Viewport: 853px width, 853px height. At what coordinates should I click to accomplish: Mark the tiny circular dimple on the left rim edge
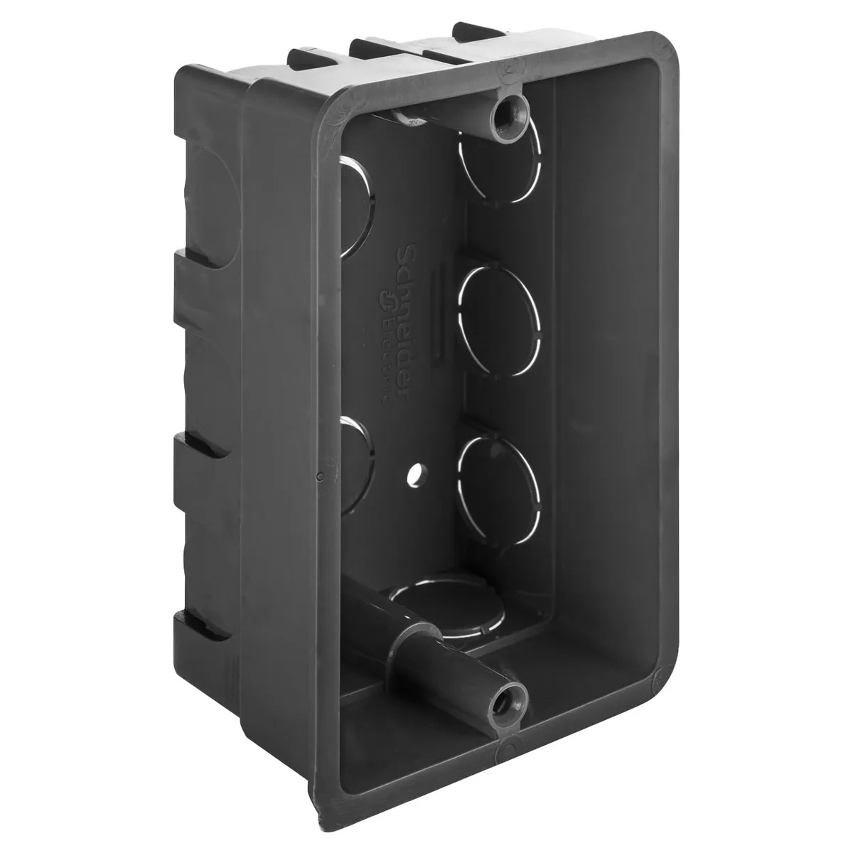[x=321, y=476]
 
